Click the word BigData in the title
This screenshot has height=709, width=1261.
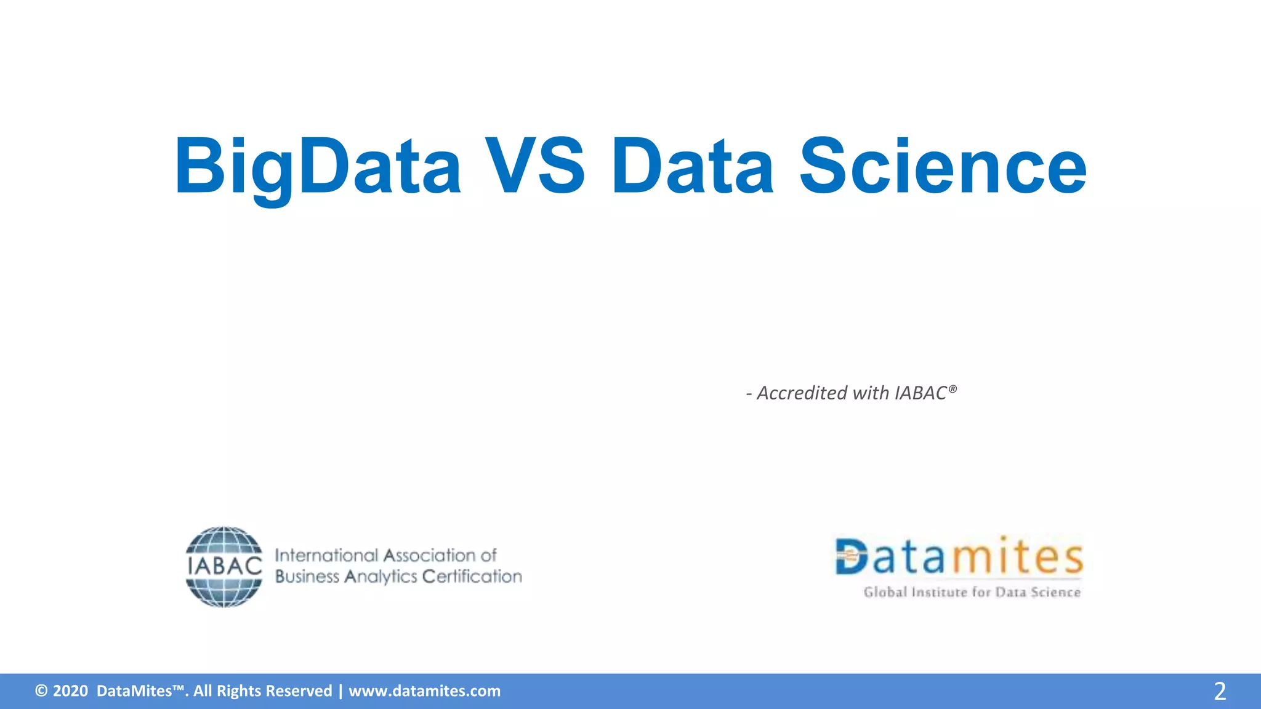coord(317,166)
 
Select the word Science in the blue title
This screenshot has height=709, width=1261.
coord(943,166)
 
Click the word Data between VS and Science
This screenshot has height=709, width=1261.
coord(692,166)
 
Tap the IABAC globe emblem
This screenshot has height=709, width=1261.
coord(224,567)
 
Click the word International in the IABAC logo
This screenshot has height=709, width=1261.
coord(326,555)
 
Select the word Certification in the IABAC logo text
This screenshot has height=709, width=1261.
coord(472,576)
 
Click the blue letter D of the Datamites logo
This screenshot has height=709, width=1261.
coord(851,557)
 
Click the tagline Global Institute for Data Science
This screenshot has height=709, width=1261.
coord(972,592)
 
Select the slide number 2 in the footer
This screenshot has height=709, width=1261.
coord(1219,691)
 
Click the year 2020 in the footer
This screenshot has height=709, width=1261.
coord(70,691)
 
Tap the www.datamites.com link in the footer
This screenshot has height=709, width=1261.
coord(424,691)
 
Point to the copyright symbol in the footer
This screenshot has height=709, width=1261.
coord(41,691)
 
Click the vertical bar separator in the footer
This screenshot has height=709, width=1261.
coord(340,691)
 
